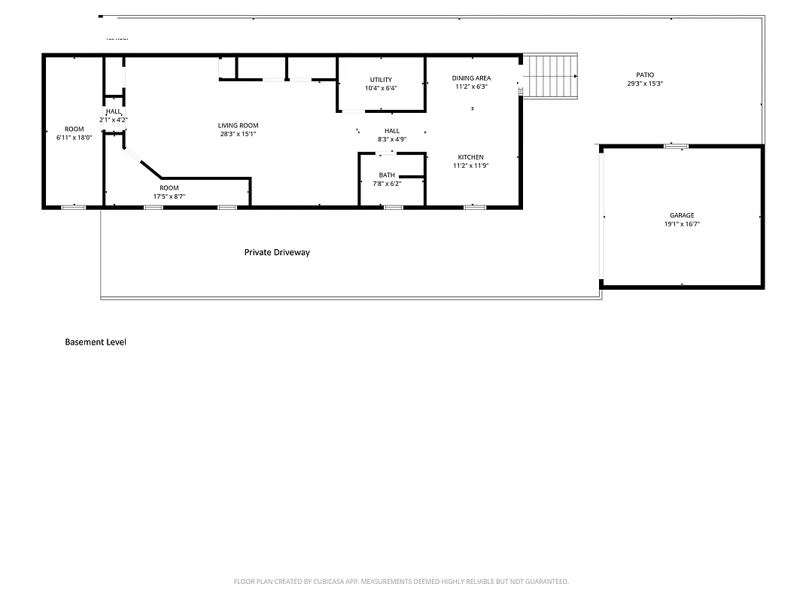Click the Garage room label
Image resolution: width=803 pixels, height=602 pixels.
click(682, 215)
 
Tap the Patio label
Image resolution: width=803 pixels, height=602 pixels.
click(645, 74)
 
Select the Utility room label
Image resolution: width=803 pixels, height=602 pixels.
click(380, 80)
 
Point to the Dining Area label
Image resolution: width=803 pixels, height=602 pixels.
click(471, 78)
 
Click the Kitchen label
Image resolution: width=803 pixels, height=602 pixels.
click(471, 157)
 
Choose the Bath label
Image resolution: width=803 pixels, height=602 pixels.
click(387, 175)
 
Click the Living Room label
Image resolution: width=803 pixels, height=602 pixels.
click(238, 126)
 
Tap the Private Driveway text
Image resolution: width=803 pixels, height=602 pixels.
click(277, 253)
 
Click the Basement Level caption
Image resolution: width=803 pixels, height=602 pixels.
click(96, 342)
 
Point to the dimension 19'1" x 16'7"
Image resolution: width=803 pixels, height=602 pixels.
click(682, 224)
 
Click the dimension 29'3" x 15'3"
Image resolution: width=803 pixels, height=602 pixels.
click(645, 84)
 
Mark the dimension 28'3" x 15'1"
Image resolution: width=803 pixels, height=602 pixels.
click(238, 135)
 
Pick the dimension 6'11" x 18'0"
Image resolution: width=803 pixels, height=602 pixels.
click(74, 138)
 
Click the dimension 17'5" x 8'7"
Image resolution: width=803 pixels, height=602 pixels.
click(169, 196)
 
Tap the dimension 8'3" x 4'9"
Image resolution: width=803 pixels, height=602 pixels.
click(391, 139)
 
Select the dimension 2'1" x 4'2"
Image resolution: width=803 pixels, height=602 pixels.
click(114, 120)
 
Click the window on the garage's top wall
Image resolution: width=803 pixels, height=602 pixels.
click(676, 146)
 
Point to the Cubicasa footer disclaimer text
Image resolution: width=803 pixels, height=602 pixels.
click(401, 582)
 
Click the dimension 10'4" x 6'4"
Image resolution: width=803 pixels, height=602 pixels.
click(380, 88)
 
